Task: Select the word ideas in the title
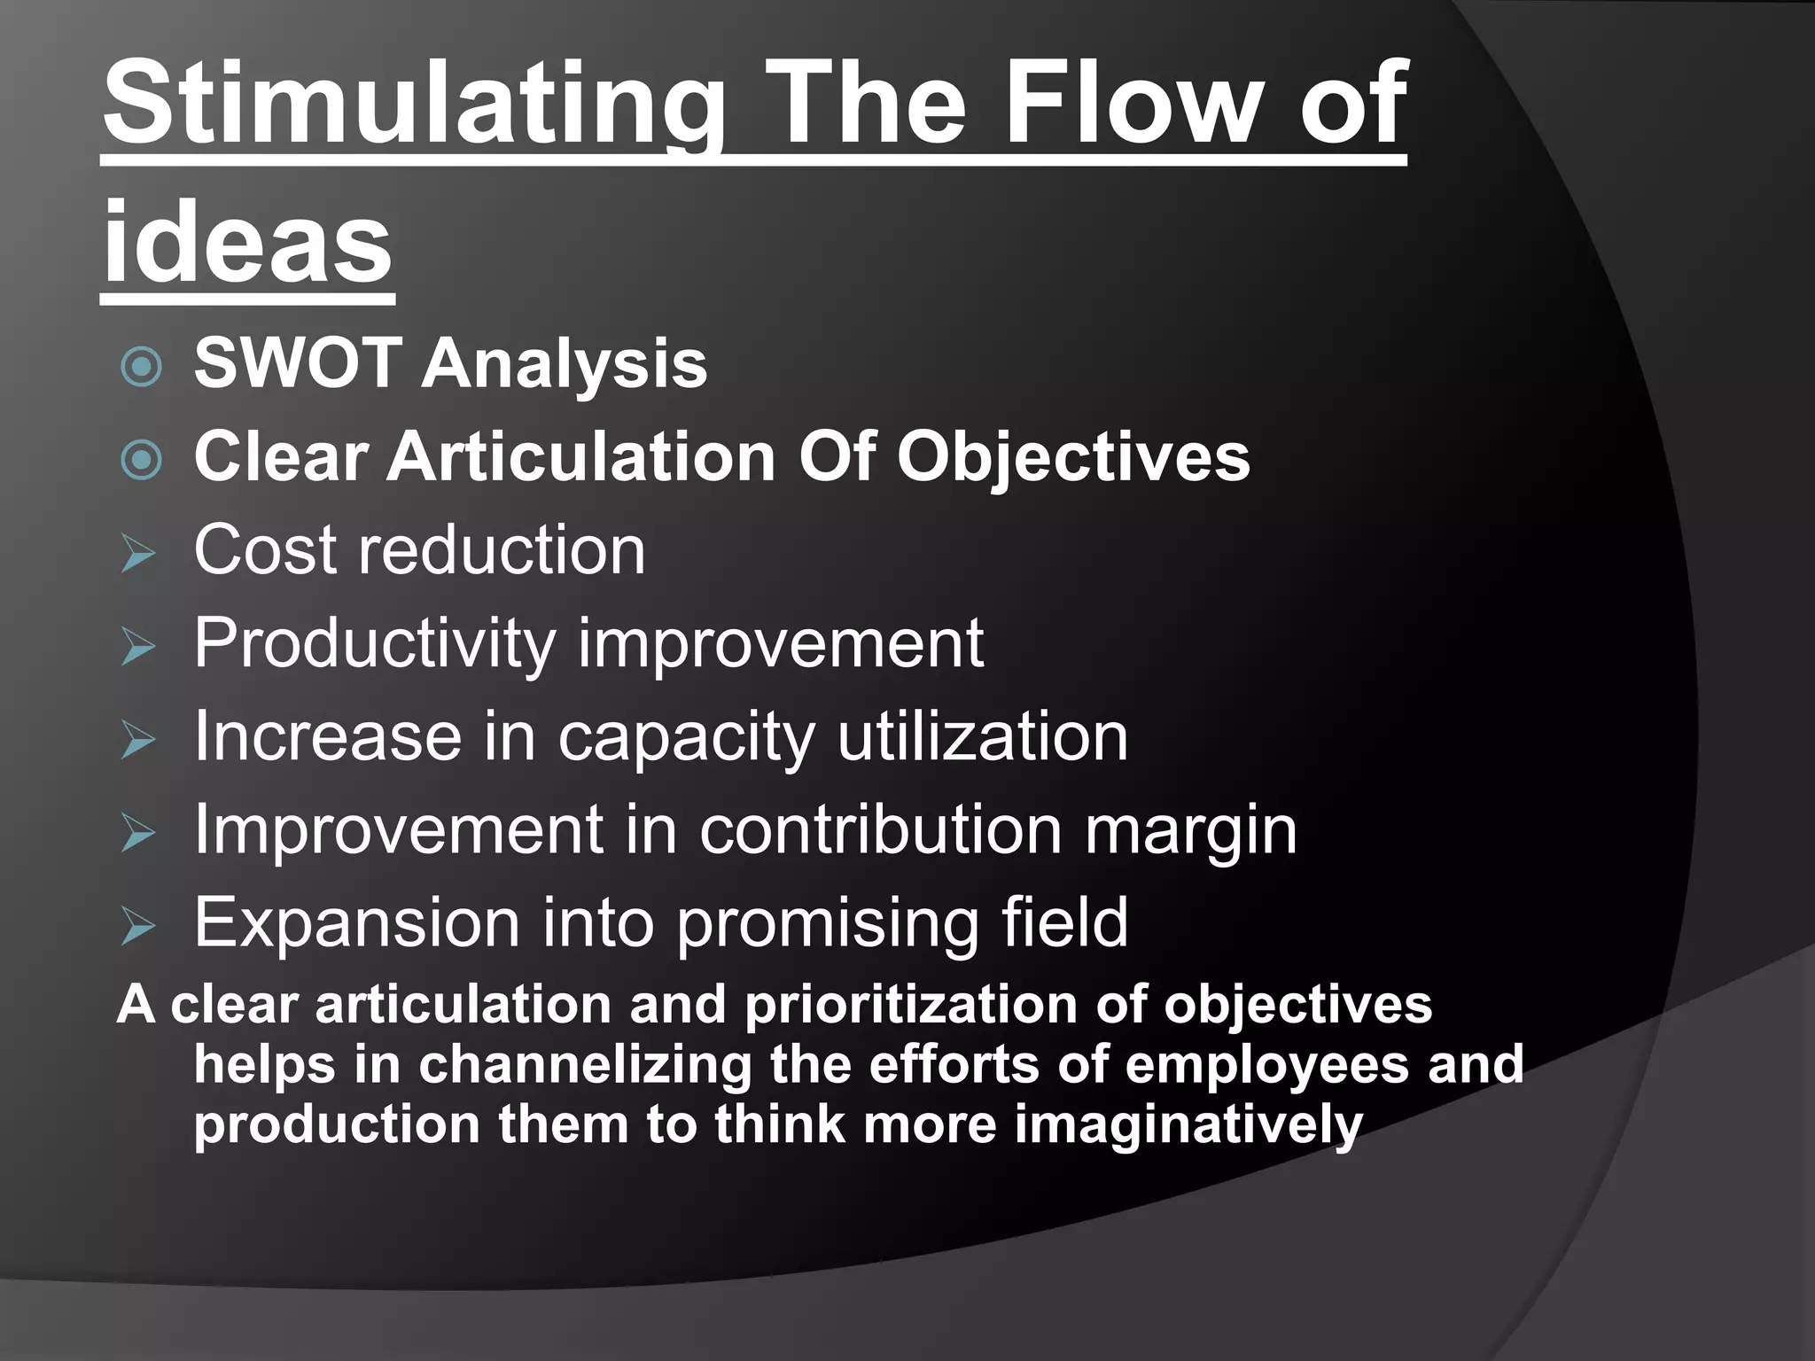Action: pos(247,241)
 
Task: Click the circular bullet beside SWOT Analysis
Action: pos(141,366)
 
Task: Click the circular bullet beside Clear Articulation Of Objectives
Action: pos(141,459)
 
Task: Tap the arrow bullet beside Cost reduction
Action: pos(138,554)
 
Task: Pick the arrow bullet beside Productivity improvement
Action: pos(138,648)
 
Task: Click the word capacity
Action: pos(685,738)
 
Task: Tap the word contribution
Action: pos(880,830)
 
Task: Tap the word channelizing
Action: pos(585,1064)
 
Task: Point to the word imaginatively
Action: pos(1188,1125)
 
